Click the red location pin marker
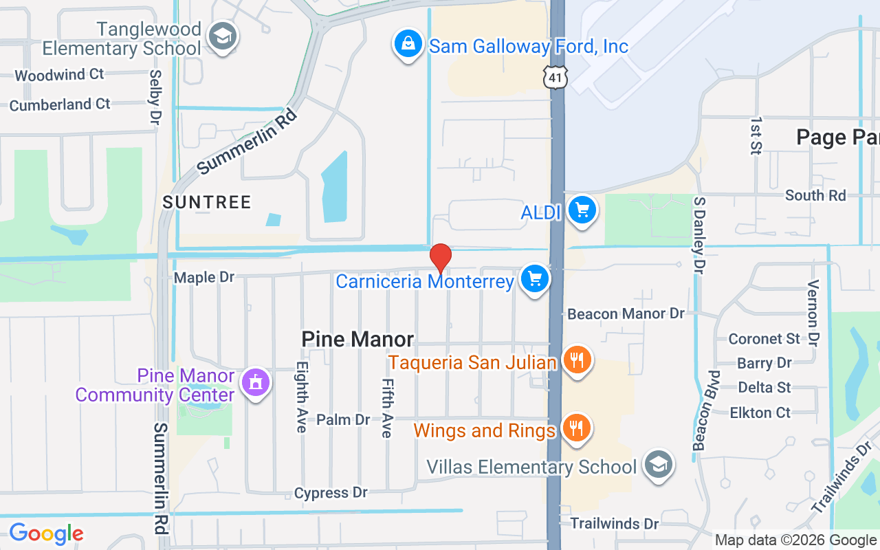[x=440, y=259]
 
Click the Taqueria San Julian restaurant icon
[x=577, y=360]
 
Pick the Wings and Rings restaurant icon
[x=577, y=428]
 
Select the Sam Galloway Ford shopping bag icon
[x=408, y=44]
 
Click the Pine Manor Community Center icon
[x=256, y=382]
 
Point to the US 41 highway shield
[x=554, y=77]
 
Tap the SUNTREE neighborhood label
[x=207, y=202]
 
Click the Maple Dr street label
[x=204, y=278]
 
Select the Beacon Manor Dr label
[x=626, y=313]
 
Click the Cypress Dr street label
[x=331, y=493]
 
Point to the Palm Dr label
[x=343, y=419]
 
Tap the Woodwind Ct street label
[x=59, y=75]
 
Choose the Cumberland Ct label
[x=60, y=104]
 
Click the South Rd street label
[x=815, y=195]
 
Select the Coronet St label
[x=764, y=339]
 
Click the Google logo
[x=46, y=533]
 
